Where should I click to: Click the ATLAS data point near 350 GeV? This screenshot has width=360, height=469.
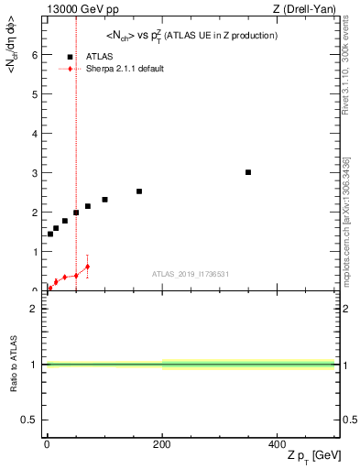[248, 172]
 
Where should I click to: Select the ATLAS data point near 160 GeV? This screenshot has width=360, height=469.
[139, 191]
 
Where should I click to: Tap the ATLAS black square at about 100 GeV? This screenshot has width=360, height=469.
[104, 200]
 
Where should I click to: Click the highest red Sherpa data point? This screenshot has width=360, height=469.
[87, 267]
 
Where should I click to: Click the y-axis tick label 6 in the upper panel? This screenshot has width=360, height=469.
[34, 55]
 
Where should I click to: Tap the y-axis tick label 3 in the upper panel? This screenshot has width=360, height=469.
[34, 173]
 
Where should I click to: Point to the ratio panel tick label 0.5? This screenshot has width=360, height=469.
[30, 420]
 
